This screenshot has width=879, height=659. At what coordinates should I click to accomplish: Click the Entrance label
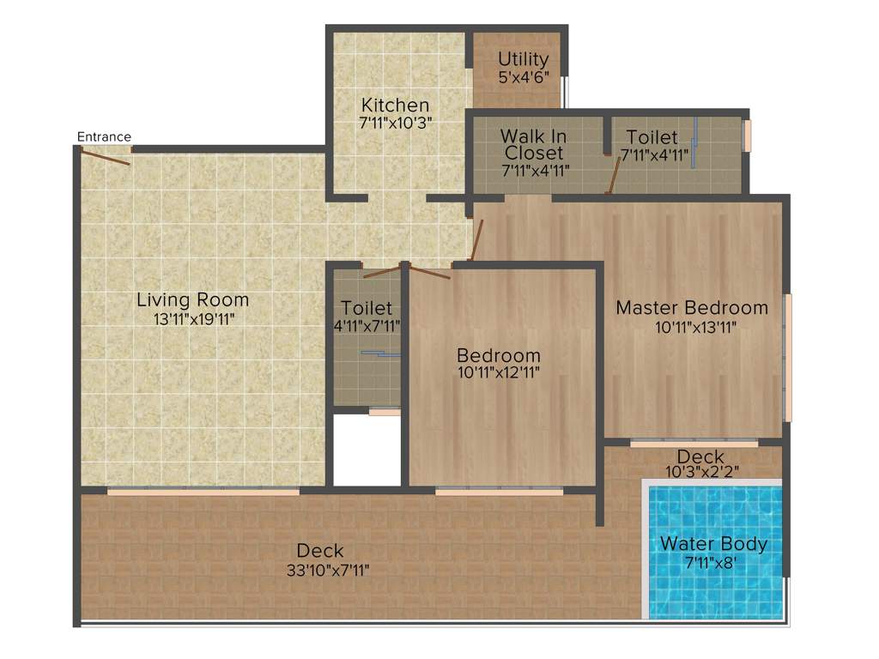(104, 136)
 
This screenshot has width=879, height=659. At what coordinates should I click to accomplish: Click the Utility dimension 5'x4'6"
(523, 76)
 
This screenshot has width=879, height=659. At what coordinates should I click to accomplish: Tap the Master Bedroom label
(692, 307)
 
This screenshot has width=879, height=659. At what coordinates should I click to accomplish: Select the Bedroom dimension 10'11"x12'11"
(499, 372)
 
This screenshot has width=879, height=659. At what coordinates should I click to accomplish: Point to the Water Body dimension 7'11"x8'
(713, 563)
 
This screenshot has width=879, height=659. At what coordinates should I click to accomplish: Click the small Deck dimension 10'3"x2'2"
(700, 471)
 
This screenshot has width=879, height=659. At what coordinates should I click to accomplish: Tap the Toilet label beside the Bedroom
(367, 307)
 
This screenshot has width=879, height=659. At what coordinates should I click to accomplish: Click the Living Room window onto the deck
(203, 492)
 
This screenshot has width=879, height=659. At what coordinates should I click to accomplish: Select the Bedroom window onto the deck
(499, 492)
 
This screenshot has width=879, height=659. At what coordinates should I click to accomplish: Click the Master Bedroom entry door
(476, 239)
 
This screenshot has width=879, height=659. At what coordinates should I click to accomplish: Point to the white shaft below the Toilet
(367, 450)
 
